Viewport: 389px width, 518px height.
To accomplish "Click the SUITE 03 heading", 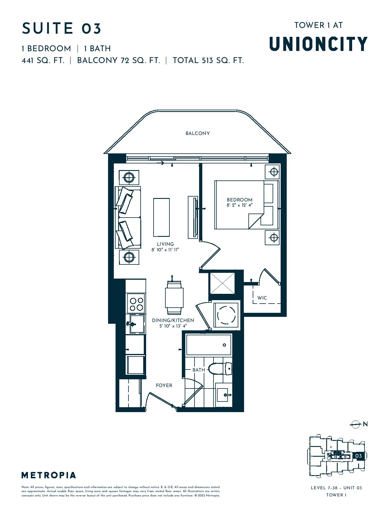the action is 62,28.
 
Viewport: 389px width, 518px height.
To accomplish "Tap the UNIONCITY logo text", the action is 318,44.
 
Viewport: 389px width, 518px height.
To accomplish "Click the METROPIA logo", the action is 49,475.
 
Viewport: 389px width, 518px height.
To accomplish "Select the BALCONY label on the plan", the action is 198,133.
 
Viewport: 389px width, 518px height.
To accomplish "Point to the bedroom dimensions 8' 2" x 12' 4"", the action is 239,205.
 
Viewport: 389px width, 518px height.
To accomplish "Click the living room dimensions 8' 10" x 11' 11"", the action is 165,250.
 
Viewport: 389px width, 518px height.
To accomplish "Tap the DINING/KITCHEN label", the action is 173,320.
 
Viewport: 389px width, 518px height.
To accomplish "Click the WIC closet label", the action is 262,298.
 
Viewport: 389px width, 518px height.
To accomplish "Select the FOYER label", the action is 164,385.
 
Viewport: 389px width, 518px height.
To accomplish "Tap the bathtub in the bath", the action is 209,345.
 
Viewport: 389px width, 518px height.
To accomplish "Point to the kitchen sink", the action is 137,324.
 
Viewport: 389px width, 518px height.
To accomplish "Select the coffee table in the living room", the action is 161,217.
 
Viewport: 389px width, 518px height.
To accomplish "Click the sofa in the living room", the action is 128,217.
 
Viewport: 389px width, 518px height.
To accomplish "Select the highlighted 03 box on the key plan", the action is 358,456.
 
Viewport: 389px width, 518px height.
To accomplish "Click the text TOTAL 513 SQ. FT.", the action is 208,60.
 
